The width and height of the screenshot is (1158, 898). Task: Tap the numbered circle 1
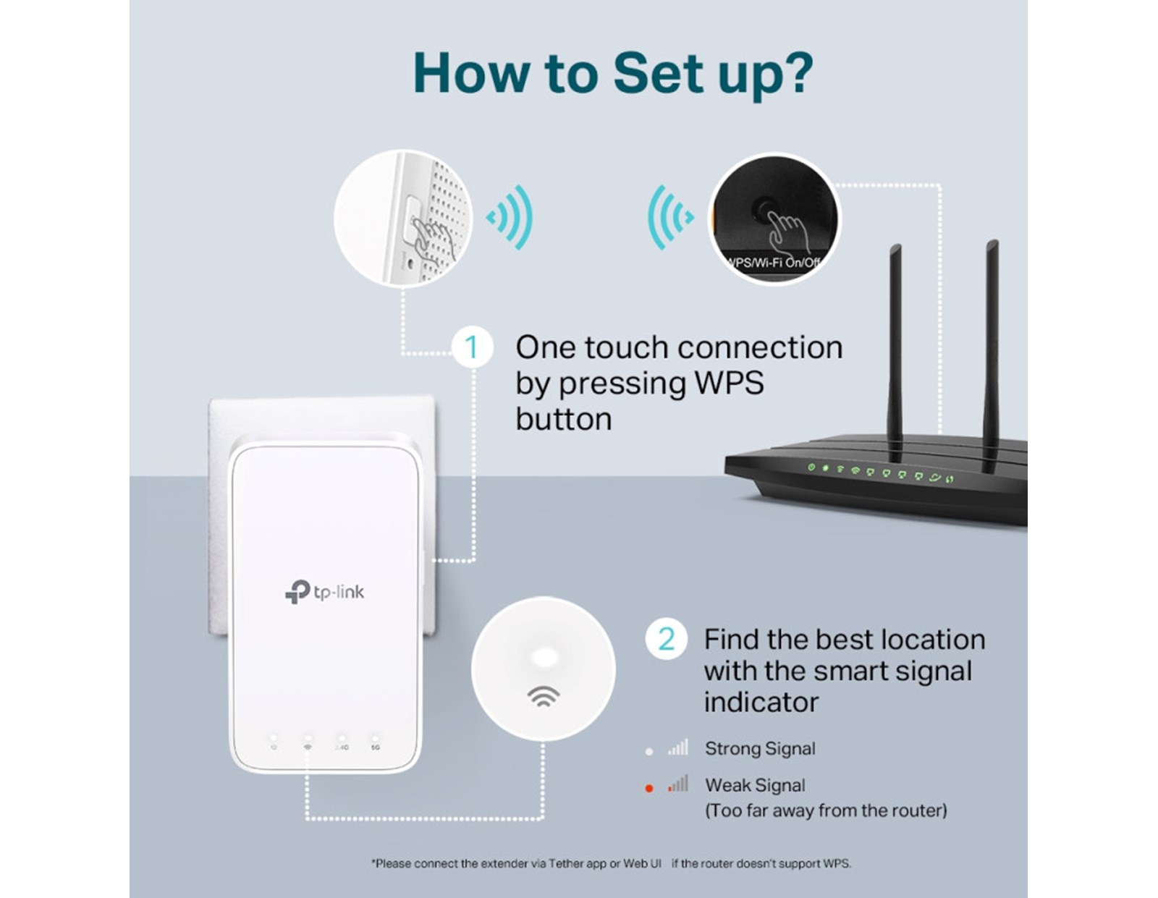tap(472, 347)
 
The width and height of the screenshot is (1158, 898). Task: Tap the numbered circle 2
tap(666, 639)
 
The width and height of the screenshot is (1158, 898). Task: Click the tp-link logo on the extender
tap(324, 592)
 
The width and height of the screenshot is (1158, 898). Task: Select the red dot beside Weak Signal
tap(649, 788)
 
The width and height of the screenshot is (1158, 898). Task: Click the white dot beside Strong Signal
tap(649, 751)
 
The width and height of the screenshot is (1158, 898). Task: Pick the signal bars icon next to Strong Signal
tap(678, 747)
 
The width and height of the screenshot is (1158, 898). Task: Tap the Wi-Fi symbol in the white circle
tap(543, 697)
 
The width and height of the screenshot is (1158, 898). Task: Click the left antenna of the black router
tap(895, 347)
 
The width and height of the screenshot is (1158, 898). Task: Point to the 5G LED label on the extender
tap(375, 747)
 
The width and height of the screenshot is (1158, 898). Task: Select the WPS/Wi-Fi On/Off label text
tap(773, 263)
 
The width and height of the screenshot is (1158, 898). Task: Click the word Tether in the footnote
tap(565, 863)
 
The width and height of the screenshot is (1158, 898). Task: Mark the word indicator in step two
tap(761, 702)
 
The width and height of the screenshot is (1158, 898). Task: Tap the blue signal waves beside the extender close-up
tap(511, 217)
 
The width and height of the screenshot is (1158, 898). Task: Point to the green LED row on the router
tap(879, 473)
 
